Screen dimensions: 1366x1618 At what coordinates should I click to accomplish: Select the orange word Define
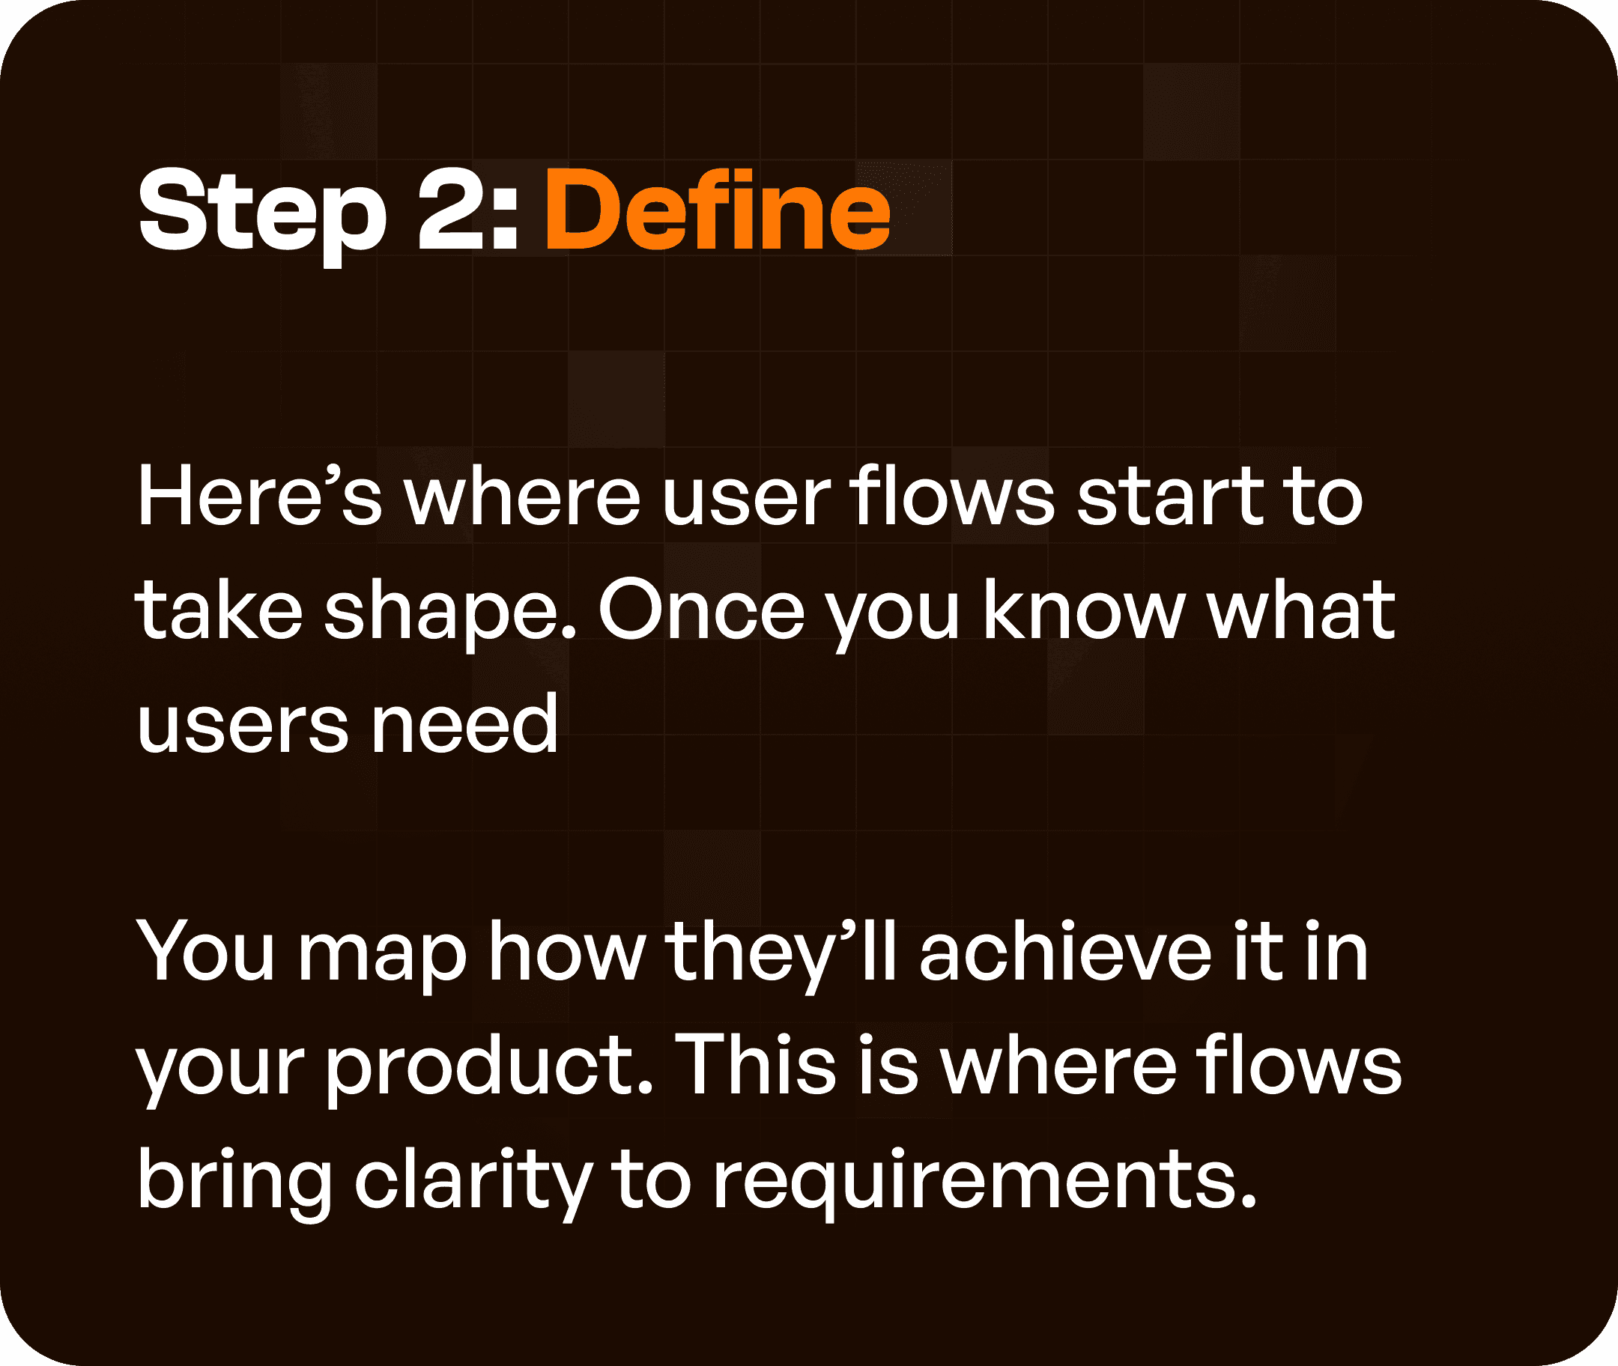(717, 210)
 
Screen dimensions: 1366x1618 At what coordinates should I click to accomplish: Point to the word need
(464, 724)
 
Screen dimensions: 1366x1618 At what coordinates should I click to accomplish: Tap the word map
(383, 953)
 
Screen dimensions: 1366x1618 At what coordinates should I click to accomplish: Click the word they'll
(781, 953)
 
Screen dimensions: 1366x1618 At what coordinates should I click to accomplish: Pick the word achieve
(1065, 952)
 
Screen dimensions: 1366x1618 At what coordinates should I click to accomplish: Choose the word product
(489, 1067)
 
